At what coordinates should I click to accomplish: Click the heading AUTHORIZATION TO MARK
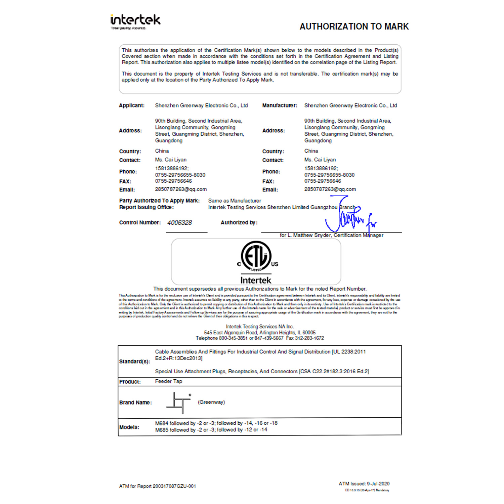pos(354,27)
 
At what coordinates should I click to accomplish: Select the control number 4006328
pos(179,223)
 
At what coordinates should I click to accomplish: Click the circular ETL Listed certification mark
pos(256,256)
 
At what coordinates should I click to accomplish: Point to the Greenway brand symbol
pos(179,403)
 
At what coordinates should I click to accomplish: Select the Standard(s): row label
pos(134,362)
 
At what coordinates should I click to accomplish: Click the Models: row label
pos(129,427)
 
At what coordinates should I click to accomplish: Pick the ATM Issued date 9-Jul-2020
pos(378,484)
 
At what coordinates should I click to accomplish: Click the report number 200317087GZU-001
pos(174,486)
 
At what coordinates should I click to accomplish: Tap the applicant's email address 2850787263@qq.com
pos(181,190)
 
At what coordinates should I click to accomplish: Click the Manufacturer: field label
pos(280,106)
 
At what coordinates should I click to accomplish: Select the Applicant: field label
pos(132,106)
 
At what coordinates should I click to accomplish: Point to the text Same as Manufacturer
pos(235,201)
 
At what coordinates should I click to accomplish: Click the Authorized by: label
pos(239,222)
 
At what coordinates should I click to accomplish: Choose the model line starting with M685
pos(211,430)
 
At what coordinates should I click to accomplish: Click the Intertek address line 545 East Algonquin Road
pos(259,333)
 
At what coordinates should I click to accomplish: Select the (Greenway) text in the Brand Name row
pos(211,402)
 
